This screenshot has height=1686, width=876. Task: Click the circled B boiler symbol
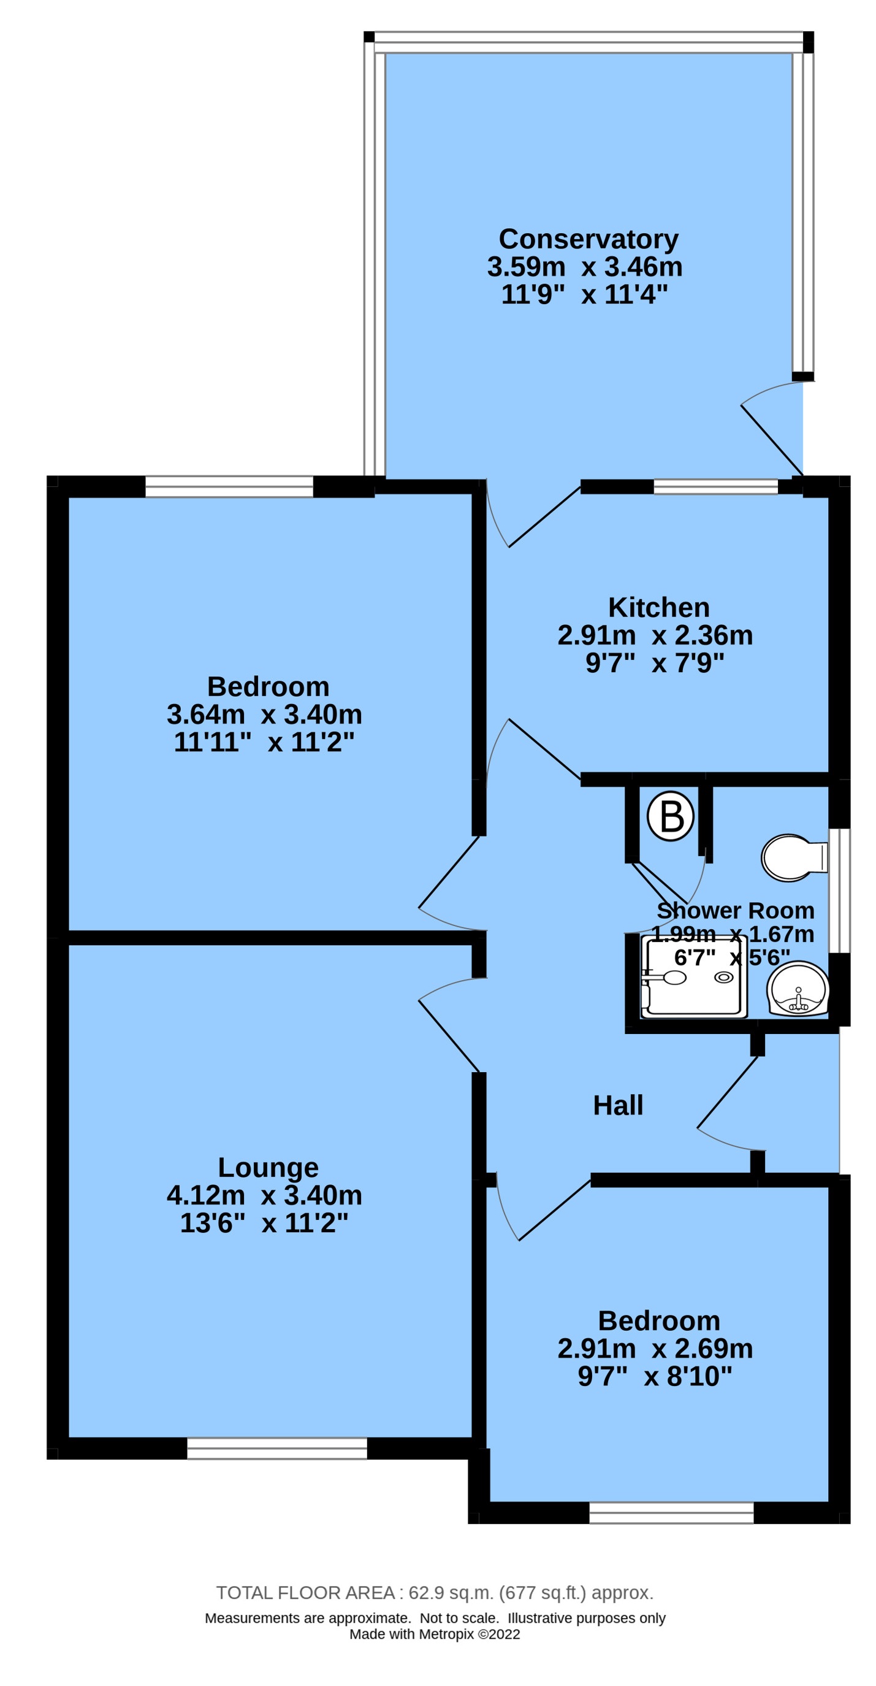670,816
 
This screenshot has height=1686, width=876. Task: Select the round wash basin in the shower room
798,989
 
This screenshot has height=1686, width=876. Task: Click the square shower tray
694,976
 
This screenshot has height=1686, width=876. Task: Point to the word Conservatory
588,239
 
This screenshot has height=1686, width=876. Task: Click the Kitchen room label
658,607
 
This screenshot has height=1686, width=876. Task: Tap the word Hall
617,1105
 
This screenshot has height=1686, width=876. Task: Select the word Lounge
267,1168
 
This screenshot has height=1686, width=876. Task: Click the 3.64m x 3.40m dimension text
264,714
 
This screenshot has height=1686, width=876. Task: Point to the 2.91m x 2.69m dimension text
655,1349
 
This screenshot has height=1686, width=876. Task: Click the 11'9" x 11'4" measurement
584,294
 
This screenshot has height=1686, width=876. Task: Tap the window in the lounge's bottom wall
276,1449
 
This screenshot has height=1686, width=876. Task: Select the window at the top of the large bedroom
229,487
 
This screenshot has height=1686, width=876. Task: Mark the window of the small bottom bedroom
671,1512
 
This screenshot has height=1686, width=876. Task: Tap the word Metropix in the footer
446,1634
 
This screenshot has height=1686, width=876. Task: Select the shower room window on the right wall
839,890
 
